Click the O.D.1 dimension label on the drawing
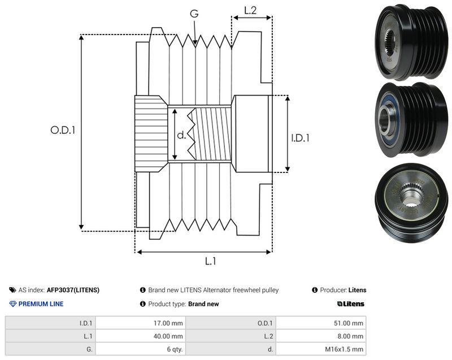click(63, 130)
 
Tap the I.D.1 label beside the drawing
click(300, 138)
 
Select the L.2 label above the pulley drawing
click(250, 10)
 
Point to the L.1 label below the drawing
click(210, 261)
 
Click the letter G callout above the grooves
click(194, 13)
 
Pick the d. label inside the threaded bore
click(181, 135)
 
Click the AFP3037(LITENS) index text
click(73, 290)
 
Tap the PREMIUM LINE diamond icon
click(12, 304)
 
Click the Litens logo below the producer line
click(351, 304)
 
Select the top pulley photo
click(411, 42)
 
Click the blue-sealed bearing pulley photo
click(411, 120)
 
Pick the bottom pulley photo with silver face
click(411, 203)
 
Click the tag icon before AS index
click(12, 290)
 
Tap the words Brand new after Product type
click(203, 304)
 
